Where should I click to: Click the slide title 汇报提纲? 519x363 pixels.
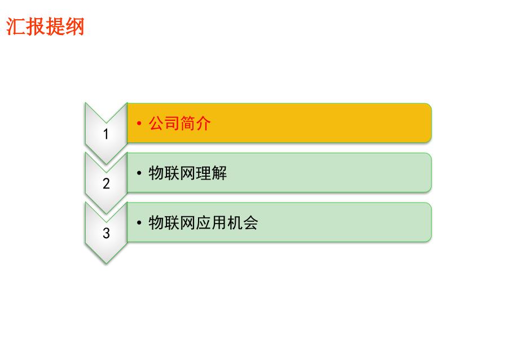[x=45, y=27]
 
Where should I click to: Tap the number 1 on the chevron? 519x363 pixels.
[x=106, y=134]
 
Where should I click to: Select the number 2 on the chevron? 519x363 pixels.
[x=106, y=183]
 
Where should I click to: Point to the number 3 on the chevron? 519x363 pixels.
[x=106, y=233]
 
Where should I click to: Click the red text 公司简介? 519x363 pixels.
[x=179, y=123]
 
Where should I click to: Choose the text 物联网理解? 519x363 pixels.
[x=188, y=173]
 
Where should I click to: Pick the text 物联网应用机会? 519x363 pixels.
[x=203, y=222]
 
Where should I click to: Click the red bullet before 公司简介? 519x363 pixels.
[x=139, y=124]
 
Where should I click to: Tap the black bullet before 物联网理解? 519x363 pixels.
[x=139, y=173]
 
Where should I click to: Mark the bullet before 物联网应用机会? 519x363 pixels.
[x=139, y=223]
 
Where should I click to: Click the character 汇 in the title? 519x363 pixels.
[x=16, y=27]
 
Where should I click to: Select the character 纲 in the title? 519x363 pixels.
[x=75, y=27]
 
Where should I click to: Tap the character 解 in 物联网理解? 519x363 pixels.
[x=219, y=173]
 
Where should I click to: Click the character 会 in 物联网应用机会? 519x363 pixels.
[x=250, y=222]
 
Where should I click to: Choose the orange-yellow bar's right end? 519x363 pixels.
[x=431, y=123]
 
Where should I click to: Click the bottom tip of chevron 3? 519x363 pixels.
[x=106, y=264]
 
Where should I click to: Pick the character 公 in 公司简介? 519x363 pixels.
[x=156, y=123]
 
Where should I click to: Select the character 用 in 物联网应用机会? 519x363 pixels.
[x=219, y=222]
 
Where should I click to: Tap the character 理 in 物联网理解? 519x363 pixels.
[x=203, y=173]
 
